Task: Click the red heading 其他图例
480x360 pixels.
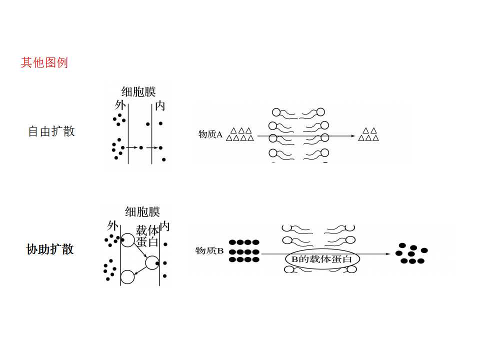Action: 44,63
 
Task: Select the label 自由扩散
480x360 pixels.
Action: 51,131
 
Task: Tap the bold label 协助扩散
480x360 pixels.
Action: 50,249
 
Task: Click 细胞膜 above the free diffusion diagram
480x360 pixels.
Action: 138,91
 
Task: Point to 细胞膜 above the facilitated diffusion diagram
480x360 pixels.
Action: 142,211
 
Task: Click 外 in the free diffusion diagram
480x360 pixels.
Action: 120,105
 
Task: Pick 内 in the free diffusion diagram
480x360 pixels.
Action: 160,106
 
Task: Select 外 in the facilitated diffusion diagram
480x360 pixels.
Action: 112,226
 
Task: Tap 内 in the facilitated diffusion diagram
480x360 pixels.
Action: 164,226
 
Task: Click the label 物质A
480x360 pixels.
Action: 210,134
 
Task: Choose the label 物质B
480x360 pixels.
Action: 209,250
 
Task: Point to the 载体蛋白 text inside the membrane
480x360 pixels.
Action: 147,235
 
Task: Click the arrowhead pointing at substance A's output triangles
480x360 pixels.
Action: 353,136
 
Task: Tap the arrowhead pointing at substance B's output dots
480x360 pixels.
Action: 388,254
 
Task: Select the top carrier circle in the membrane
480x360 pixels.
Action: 128,240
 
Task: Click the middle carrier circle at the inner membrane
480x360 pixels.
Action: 152,262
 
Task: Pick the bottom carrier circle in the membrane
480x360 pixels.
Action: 127,277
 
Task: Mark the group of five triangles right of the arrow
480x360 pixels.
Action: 368,134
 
